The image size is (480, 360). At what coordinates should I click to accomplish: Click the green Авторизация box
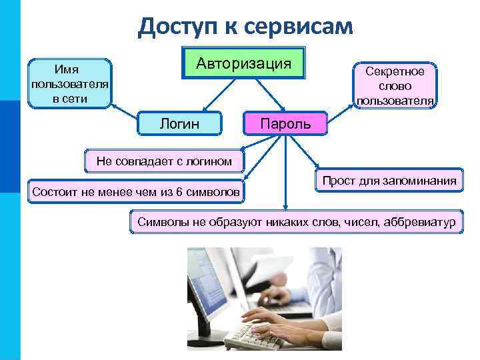click(243, 63)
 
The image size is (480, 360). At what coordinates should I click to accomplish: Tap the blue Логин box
click(179, 123)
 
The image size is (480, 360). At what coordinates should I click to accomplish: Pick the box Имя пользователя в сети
click(70, 82)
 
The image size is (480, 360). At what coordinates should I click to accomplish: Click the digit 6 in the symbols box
click(179, 193)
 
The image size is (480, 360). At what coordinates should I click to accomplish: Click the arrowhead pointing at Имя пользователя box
click(113, 105)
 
